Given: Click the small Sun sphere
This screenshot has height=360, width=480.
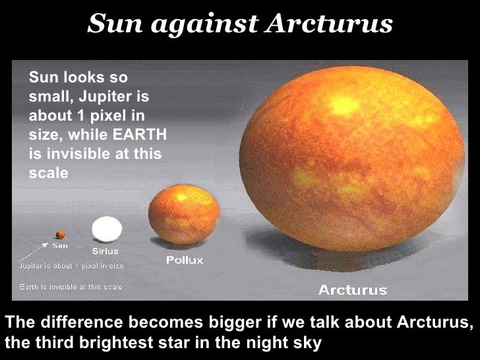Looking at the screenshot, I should [60, 234].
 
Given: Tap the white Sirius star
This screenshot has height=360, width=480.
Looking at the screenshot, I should [107, 230].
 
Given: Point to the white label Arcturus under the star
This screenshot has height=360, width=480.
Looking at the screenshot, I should [352, 289].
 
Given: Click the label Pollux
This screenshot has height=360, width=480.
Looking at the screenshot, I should [185, 260].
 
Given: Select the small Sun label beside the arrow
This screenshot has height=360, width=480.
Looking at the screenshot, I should [60, 245].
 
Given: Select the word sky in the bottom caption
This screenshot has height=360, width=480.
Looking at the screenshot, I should [309, 343].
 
